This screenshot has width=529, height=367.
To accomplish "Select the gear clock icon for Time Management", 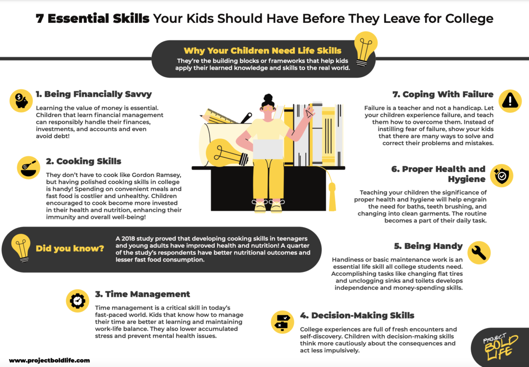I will pos(77,300).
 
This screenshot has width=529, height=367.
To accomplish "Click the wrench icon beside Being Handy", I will pos(479,253).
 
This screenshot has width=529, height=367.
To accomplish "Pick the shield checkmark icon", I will pos(501,175).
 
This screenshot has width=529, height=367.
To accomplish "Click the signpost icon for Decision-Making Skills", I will pos(283,322).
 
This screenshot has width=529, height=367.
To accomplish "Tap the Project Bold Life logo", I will pos(500,347).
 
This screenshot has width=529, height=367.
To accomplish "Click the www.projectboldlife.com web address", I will pos(50,361).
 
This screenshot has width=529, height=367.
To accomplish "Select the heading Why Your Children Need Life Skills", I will pos(262,51).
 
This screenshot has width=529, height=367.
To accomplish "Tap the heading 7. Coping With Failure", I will pos(443,95).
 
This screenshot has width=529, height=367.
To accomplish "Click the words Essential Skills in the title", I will pos(99,19).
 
